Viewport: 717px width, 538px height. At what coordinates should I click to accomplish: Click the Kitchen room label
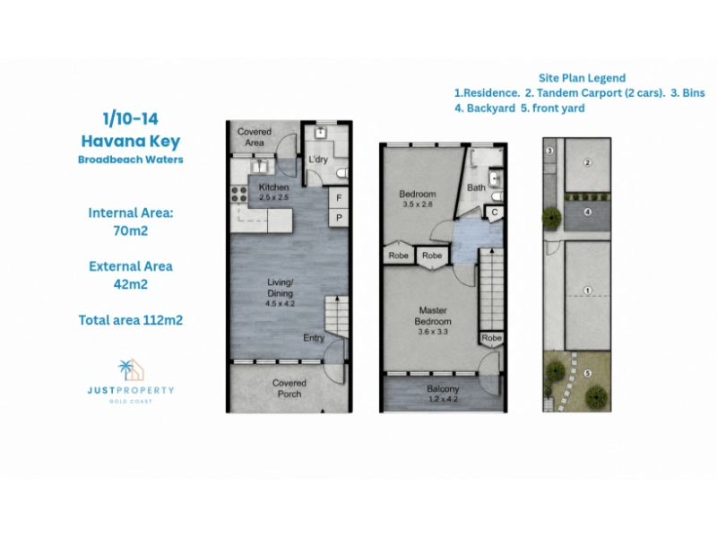coord(274,187)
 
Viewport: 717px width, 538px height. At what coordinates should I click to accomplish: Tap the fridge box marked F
coord(339,197)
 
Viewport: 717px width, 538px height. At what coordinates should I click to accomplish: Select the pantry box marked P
coord(339,217)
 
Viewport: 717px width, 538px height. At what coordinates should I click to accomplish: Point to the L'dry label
coord(318,160)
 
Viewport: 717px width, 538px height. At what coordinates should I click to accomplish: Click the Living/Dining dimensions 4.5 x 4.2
coord(280,303)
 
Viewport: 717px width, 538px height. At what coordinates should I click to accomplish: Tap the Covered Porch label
coord(289,388)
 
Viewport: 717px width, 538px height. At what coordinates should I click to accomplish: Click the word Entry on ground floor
coord(314,338)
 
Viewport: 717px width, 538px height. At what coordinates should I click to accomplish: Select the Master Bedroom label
coord(433,316)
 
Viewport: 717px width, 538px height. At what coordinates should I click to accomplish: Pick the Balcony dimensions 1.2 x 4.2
coord(443,399)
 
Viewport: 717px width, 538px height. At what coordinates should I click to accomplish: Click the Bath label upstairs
coord(476,187)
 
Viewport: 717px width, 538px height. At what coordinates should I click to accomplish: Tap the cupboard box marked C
coord(495,213)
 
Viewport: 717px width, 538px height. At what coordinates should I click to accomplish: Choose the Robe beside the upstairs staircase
coord(491,338)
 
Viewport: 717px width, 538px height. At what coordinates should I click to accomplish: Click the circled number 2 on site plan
coord(588,162)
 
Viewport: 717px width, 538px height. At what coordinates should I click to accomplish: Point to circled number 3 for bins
coord(549,151)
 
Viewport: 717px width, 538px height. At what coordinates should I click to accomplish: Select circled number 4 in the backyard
coord(588,212)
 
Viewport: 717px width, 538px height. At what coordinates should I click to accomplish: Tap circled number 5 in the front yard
coord(588,373)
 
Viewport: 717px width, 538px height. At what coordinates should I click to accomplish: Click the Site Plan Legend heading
coord(582,78)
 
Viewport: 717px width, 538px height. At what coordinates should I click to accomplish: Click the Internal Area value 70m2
coord(131,230)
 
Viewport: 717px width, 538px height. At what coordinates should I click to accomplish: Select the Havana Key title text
coord(131,142)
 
